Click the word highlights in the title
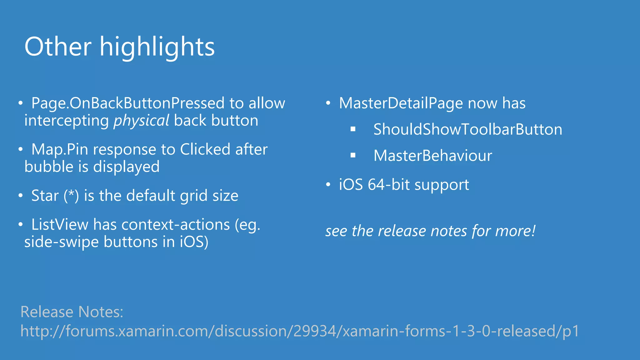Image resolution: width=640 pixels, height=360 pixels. [x=157, y=47]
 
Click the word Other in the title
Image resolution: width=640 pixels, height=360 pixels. [x=58, y=47]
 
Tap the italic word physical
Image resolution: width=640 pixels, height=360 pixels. [x=141, y=121]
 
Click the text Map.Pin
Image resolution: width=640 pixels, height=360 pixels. [x=59, y=149]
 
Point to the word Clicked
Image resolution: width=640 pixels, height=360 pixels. [x=205, y=149]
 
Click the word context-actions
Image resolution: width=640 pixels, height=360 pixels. [x=176, y=224]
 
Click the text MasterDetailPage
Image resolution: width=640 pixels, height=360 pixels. [x=401, y=103]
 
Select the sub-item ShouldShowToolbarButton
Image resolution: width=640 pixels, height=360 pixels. [x=467, y=129]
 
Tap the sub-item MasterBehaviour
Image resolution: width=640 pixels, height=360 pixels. [x=432, y=156]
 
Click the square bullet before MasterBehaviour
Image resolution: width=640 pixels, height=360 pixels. [x=353, y=155]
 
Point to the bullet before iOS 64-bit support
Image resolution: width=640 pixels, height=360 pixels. [x=328, y=184]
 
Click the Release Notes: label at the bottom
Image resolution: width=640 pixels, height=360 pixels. [x=72, y=312]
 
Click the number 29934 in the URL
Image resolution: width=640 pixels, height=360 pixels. [x=314, y=331]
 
